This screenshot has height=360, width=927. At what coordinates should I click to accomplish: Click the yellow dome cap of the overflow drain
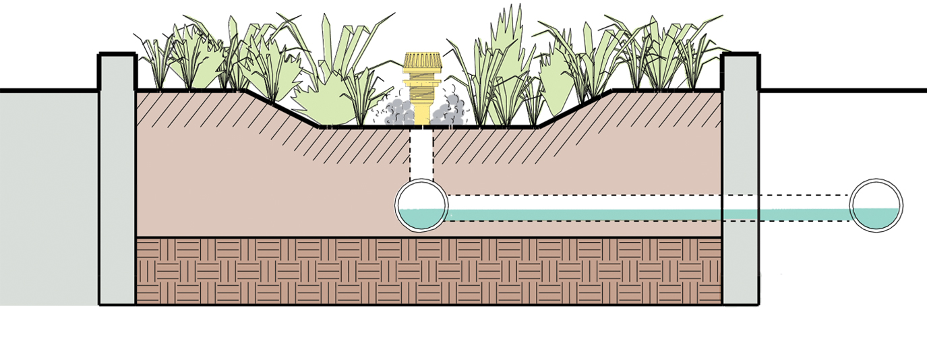(x=422, y=61)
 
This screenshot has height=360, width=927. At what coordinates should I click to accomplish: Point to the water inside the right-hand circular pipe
(x=876, y=218)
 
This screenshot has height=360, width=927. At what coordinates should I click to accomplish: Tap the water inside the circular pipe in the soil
(x=421, y=218)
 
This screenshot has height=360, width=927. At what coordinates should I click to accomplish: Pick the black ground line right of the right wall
(x=843, y=90)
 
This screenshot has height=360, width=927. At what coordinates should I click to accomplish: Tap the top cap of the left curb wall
(x=117, y=55)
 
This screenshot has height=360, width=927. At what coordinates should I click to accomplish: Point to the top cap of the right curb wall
(x=740, y=55)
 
